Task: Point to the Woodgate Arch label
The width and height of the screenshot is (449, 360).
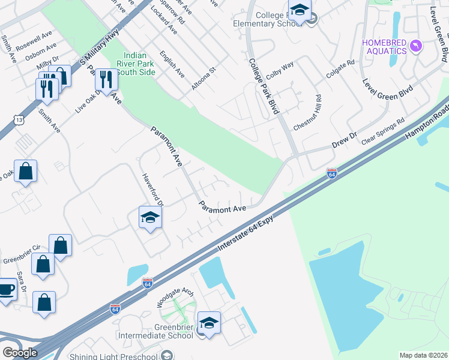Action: (x=175, y=297)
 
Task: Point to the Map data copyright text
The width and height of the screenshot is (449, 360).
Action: (x=423, y=355)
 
